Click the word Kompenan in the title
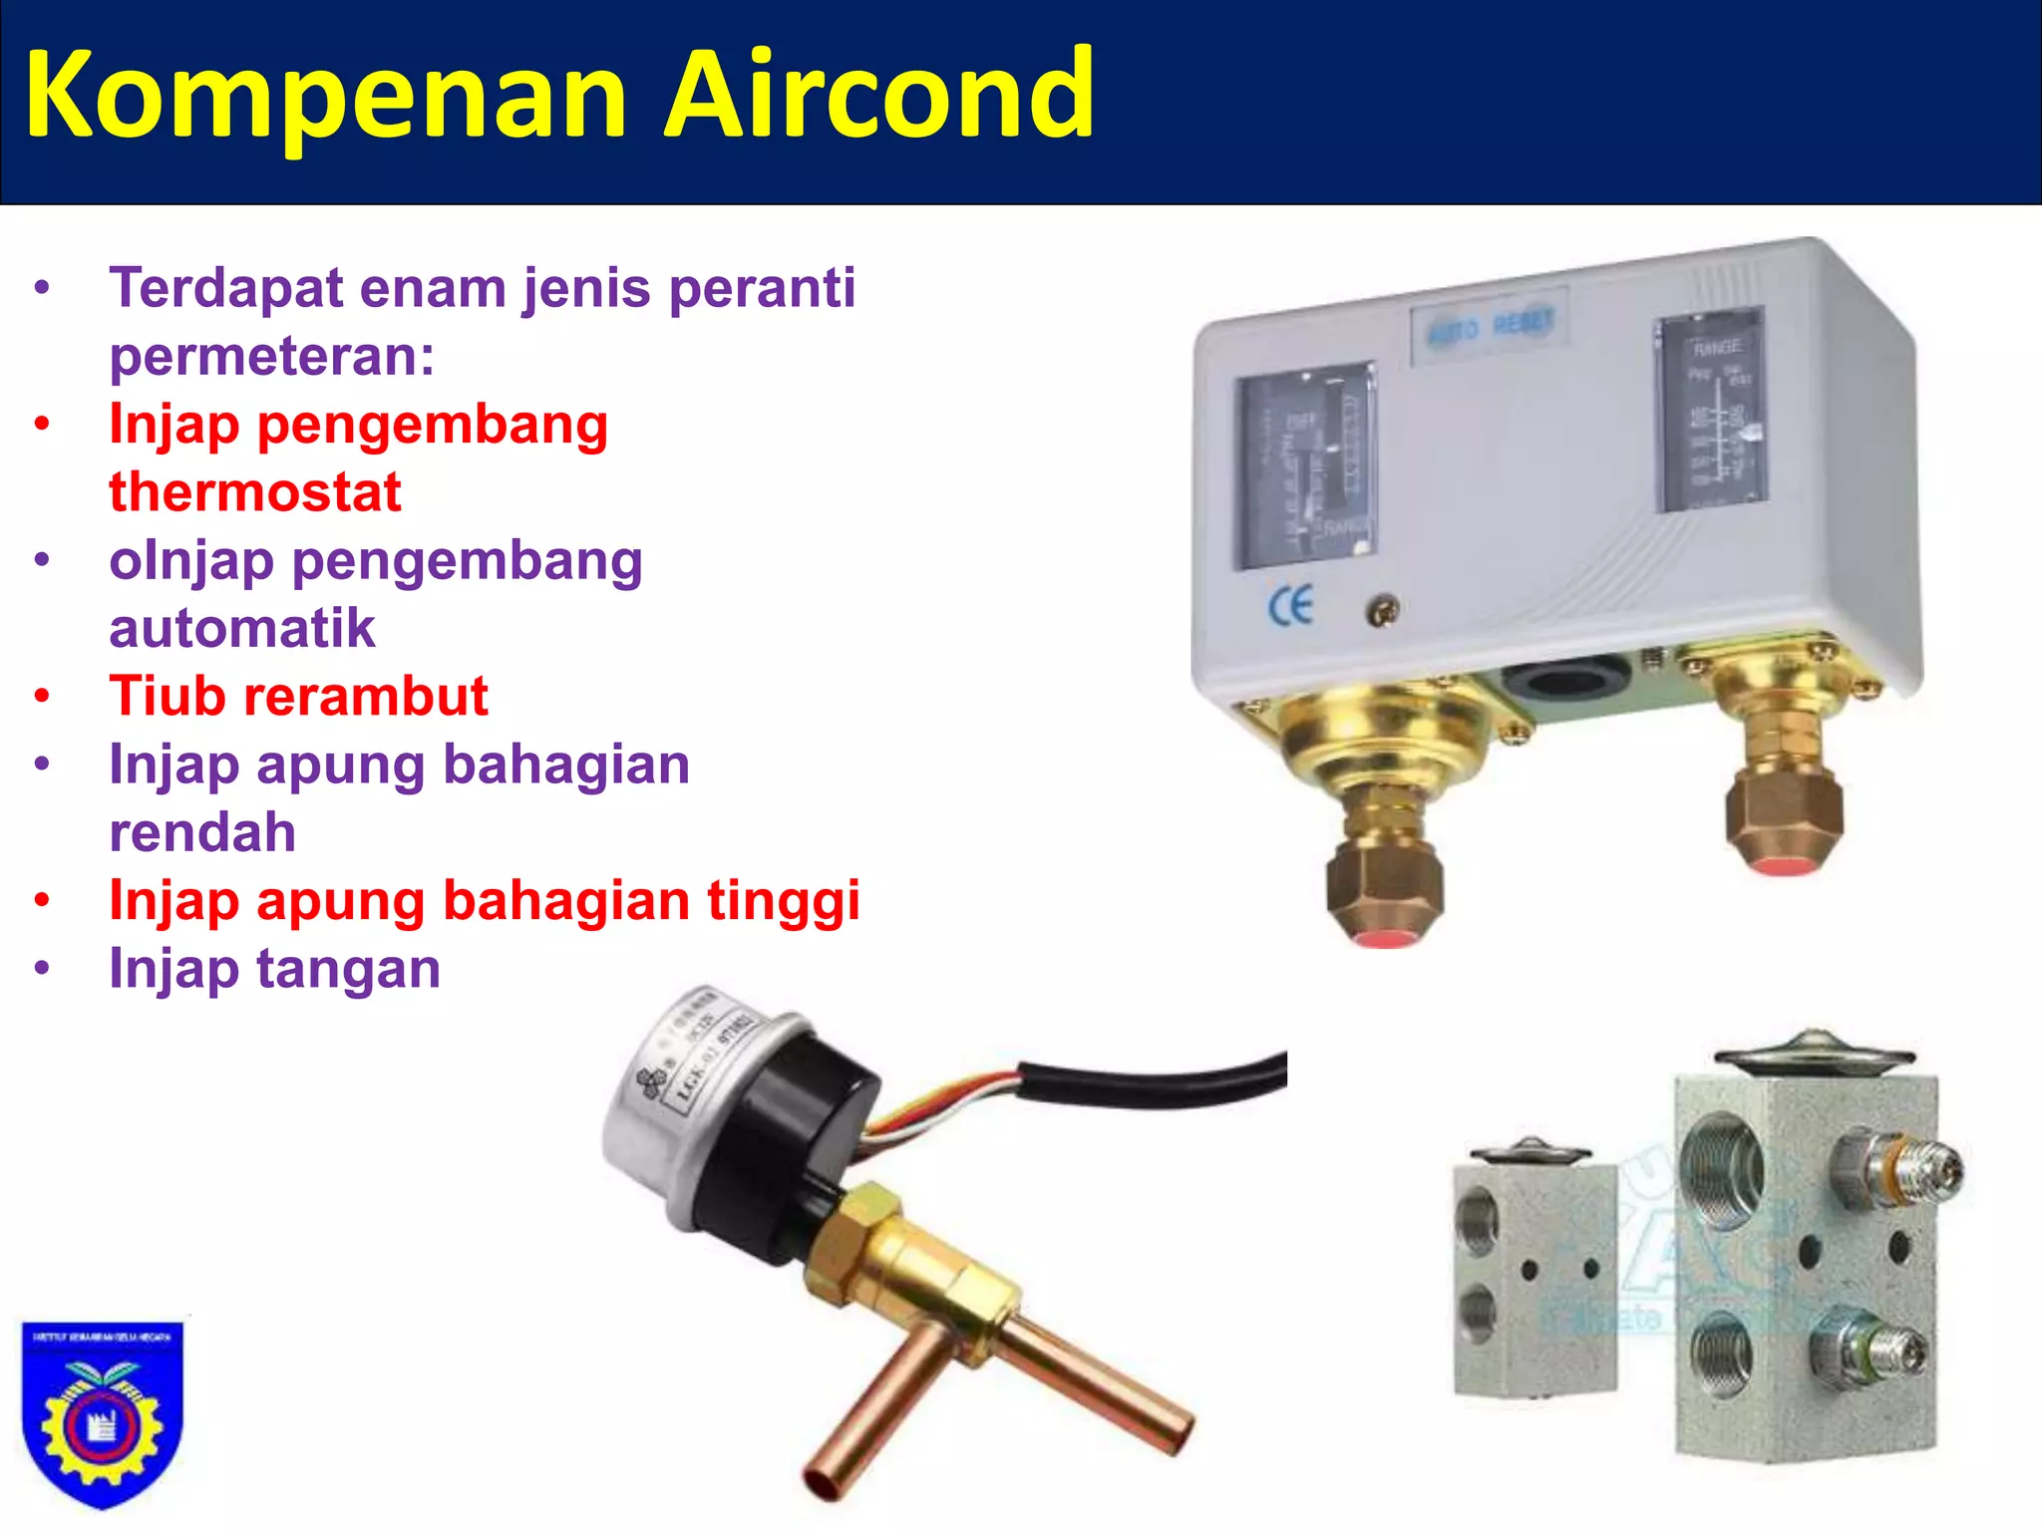coord(325,97)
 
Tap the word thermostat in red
coord(255,492)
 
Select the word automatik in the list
coord(242,629)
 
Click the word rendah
coord(202,832)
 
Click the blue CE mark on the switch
coord(1290,606)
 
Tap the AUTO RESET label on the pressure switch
coord(1491,325)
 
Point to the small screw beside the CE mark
coord(1381,611)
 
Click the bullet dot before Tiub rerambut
coord(42,696)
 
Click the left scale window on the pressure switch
coord(1306,463)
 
